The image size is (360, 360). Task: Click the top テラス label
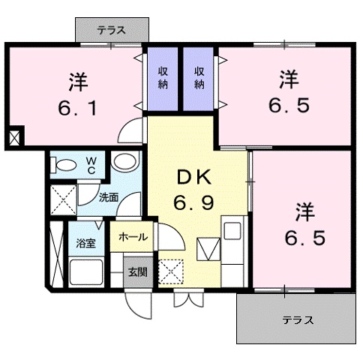coord(110,30)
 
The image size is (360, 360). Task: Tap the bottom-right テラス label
coord(298,319)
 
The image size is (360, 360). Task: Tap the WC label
coord(89,166)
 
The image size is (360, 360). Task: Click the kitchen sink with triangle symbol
coord(207,247)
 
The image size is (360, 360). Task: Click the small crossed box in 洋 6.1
coord(14,138)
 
